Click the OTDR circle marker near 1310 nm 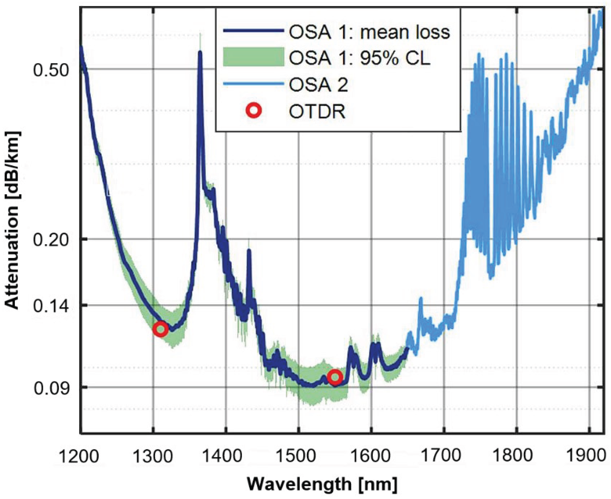click(160, 329)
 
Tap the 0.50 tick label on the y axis click(51, 70)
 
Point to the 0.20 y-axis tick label click(51, 239)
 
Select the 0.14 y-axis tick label click(51, 306)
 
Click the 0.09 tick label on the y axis click(51, 388)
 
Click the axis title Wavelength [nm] click(322, 484)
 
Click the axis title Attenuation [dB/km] click(13, 221)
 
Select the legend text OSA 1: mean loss click(369, 32)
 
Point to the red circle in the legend click(254, 111)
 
